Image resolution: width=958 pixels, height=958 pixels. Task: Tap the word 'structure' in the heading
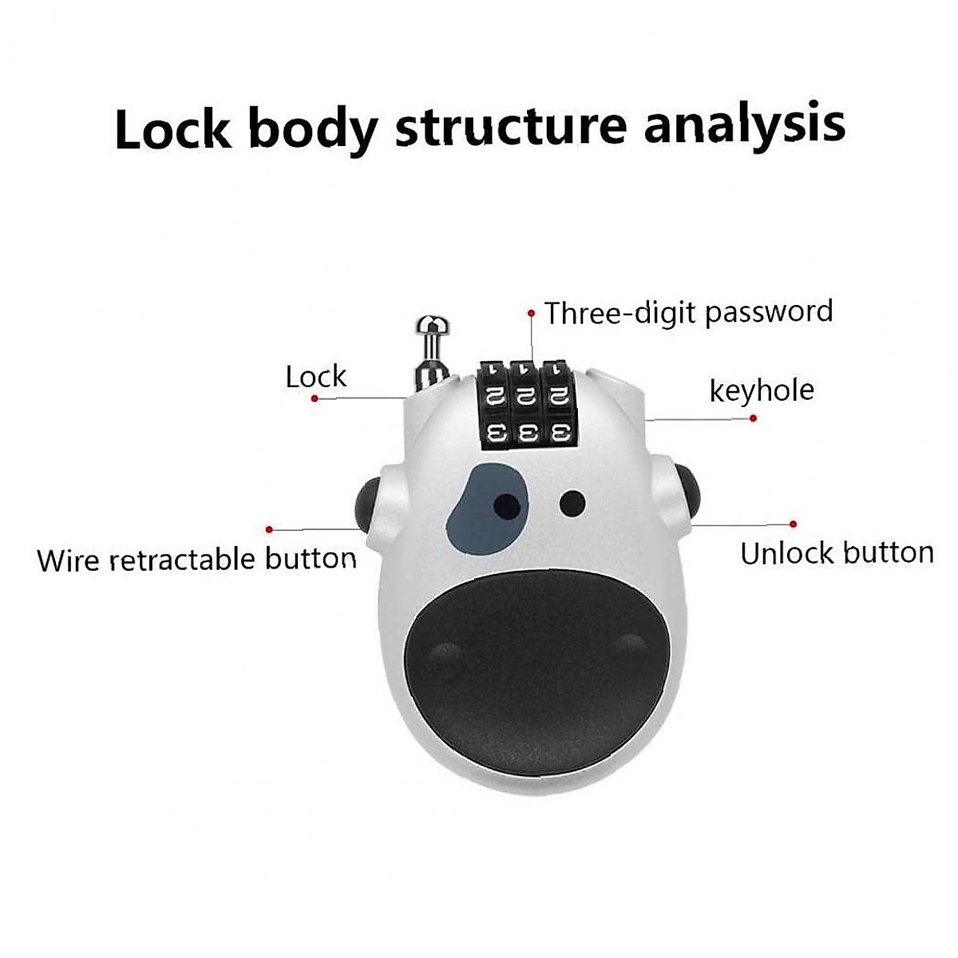point(511,126)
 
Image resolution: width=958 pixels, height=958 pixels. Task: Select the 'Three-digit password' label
point(688,311)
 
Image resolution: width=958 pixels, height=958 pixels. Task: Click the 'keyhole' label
point(762,390)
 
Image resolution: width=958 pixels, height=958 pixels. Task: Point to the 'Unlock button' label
point(836,552)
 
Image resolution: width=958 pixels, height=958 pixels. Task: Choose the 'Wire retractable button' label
point(196,559)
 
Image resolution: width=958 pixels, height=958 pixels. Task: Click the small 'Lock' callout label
point(316,376)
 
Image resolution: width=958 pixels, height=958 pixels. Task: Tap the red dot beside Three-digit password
point(532,314)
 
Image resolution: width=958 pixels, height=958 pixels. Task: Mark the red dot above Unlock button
point(793,524)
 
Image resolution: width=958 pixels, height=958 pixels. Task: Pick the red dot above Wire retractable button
point(270,528)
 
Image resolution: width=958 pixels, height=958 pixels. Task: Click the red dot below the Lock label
point(315,398)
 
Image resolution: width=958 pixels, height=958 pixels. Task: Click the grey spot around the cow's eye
point(479,519)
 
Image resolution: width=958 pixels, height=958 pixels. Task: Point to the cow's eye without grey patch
point(572,503)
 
